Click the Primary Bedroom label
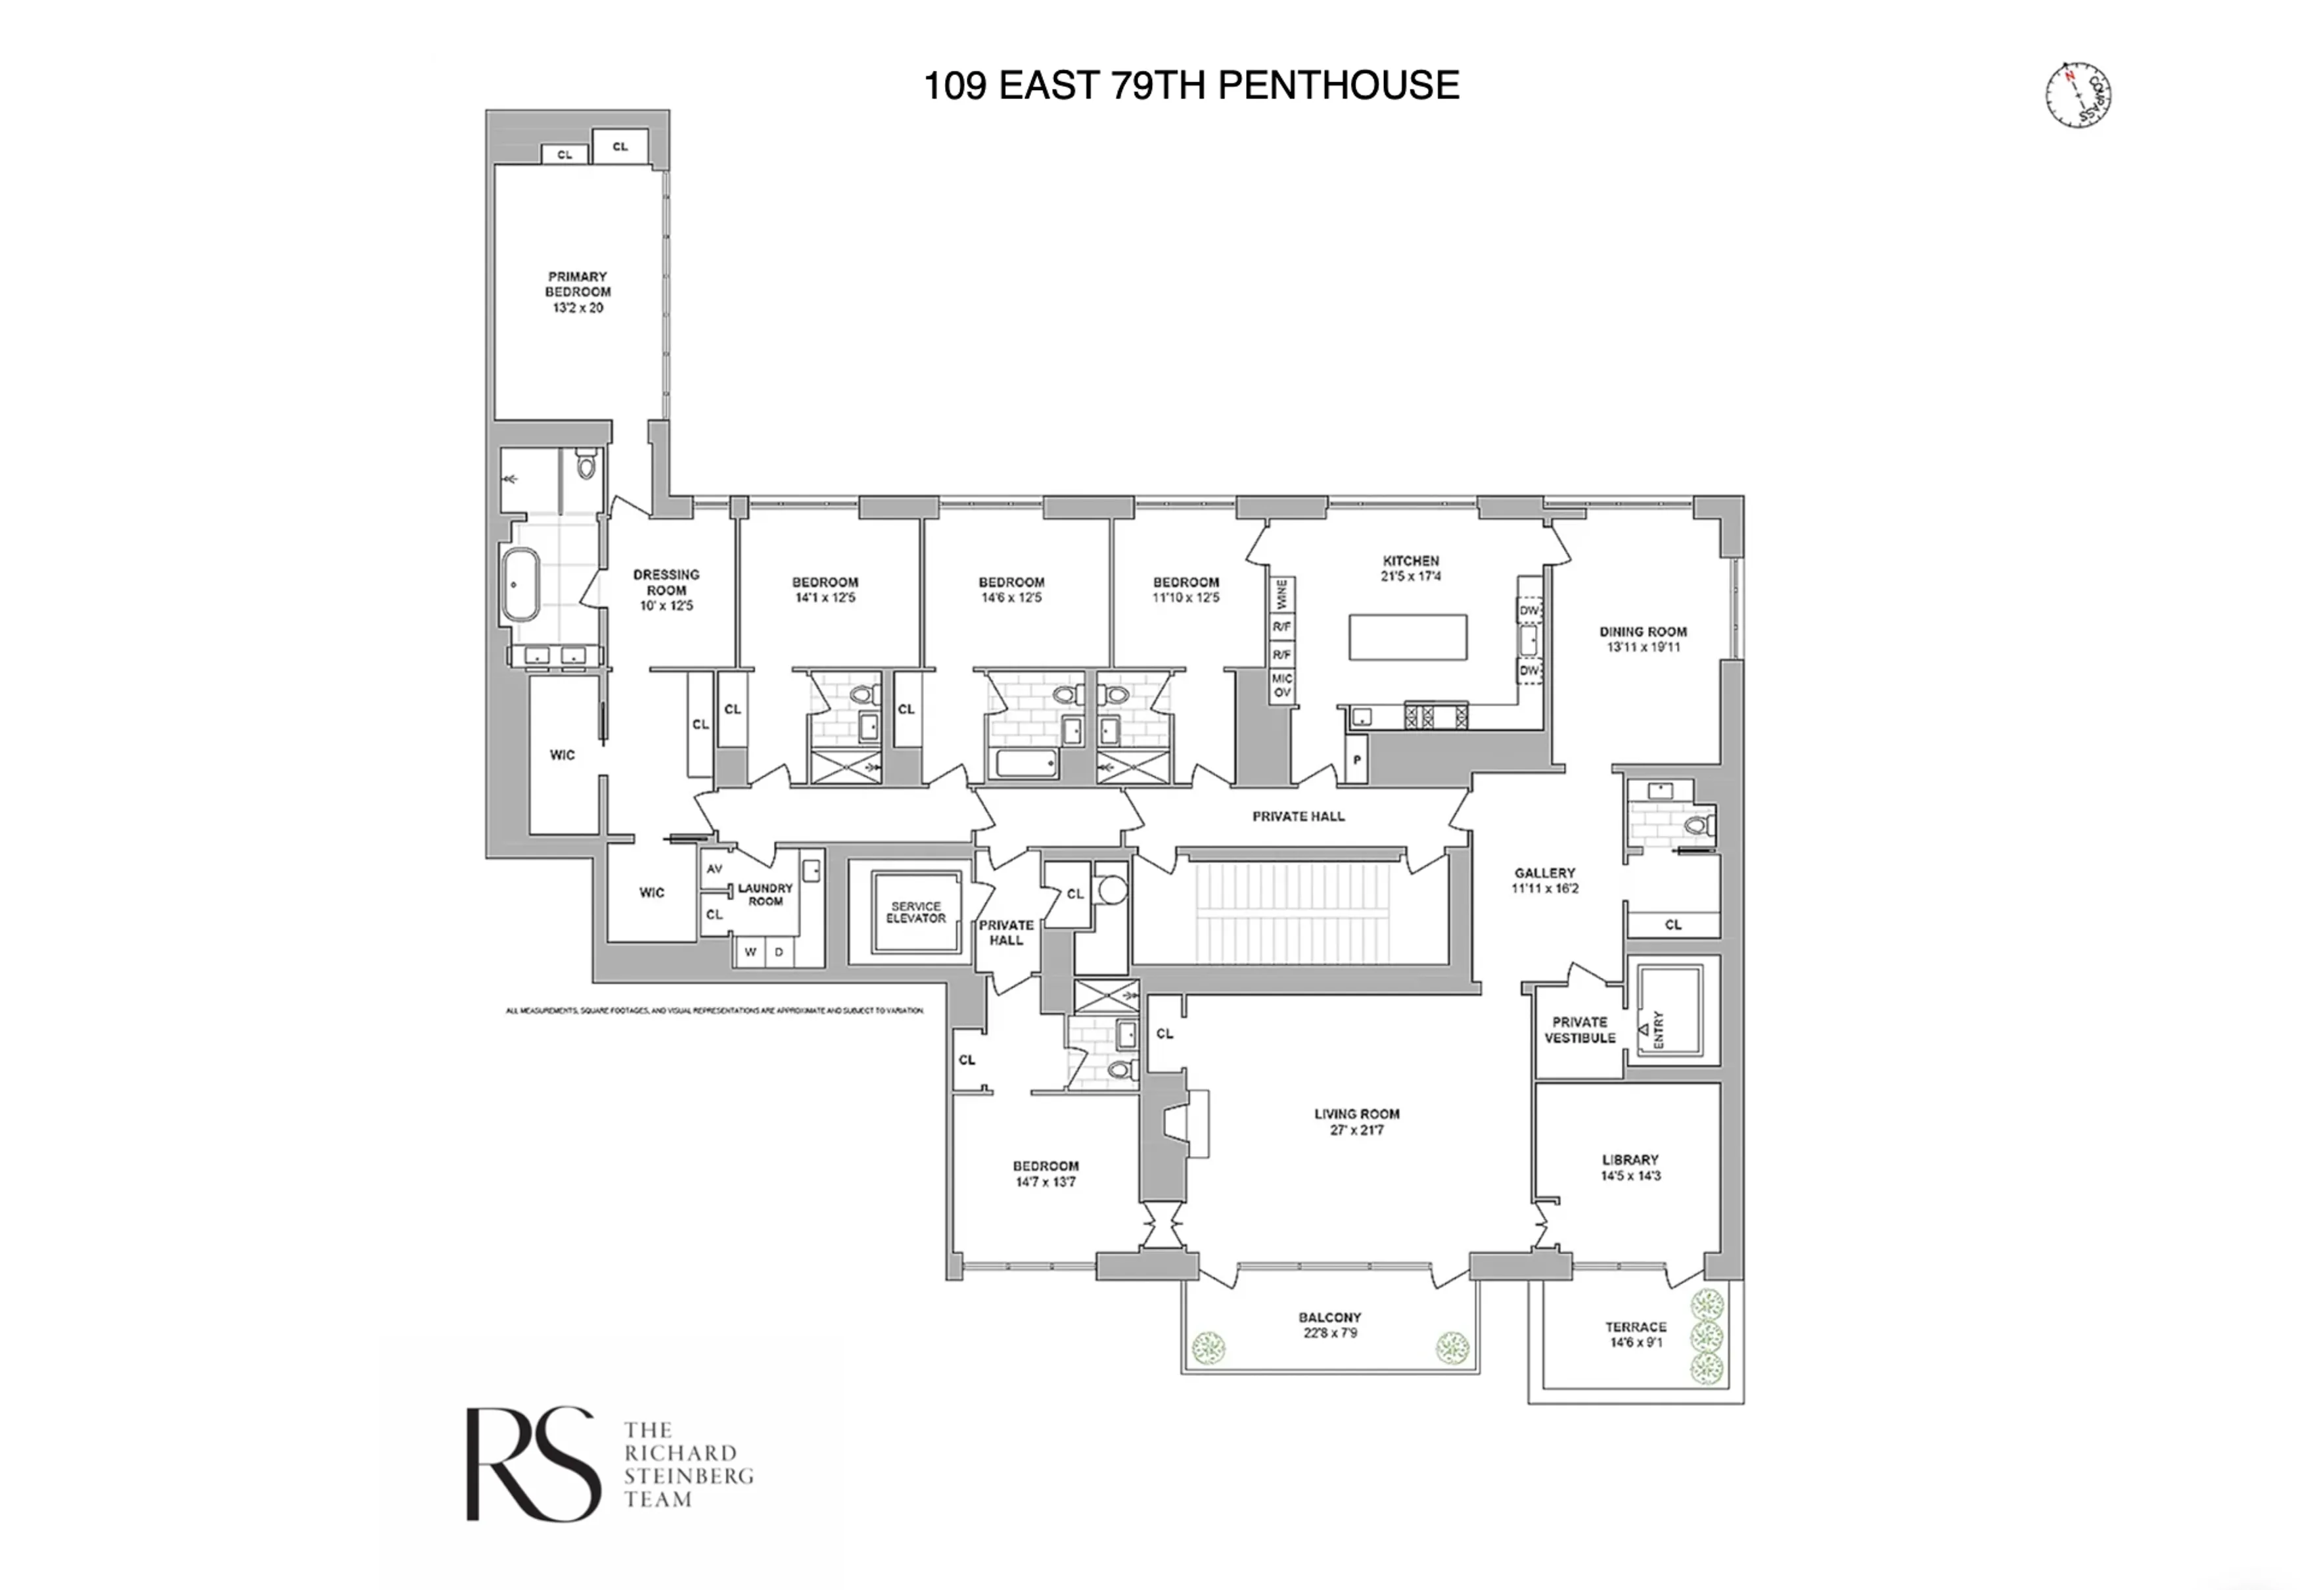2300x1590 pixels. pos(578,284)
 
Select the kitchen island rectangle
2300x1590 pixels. pos(1408,637)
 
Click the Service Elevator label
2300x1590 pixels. pos(915,912)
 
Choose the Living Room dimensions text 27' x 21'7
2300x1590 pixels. pos(1357,1130)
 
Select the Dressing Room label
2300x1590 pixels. pos(666,582)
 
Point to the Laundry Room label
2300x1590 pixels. pos(765,894)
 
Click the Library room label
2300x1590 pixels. pos(1630,1159)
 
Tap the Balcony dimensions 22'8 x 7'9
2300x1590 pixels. pos(1330,1333)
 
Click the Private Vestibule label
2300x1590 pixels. pos(1579,1029)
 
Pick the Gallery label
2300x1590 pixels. pos(1544,873)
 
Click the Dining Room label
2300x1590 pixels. pos(1643,632)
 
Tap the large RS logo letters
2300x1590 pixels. pos(533,1464)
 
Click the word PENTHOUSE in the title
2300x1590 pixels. pos(1338,85)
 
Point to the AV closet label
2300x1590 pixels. pos(714,869)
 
